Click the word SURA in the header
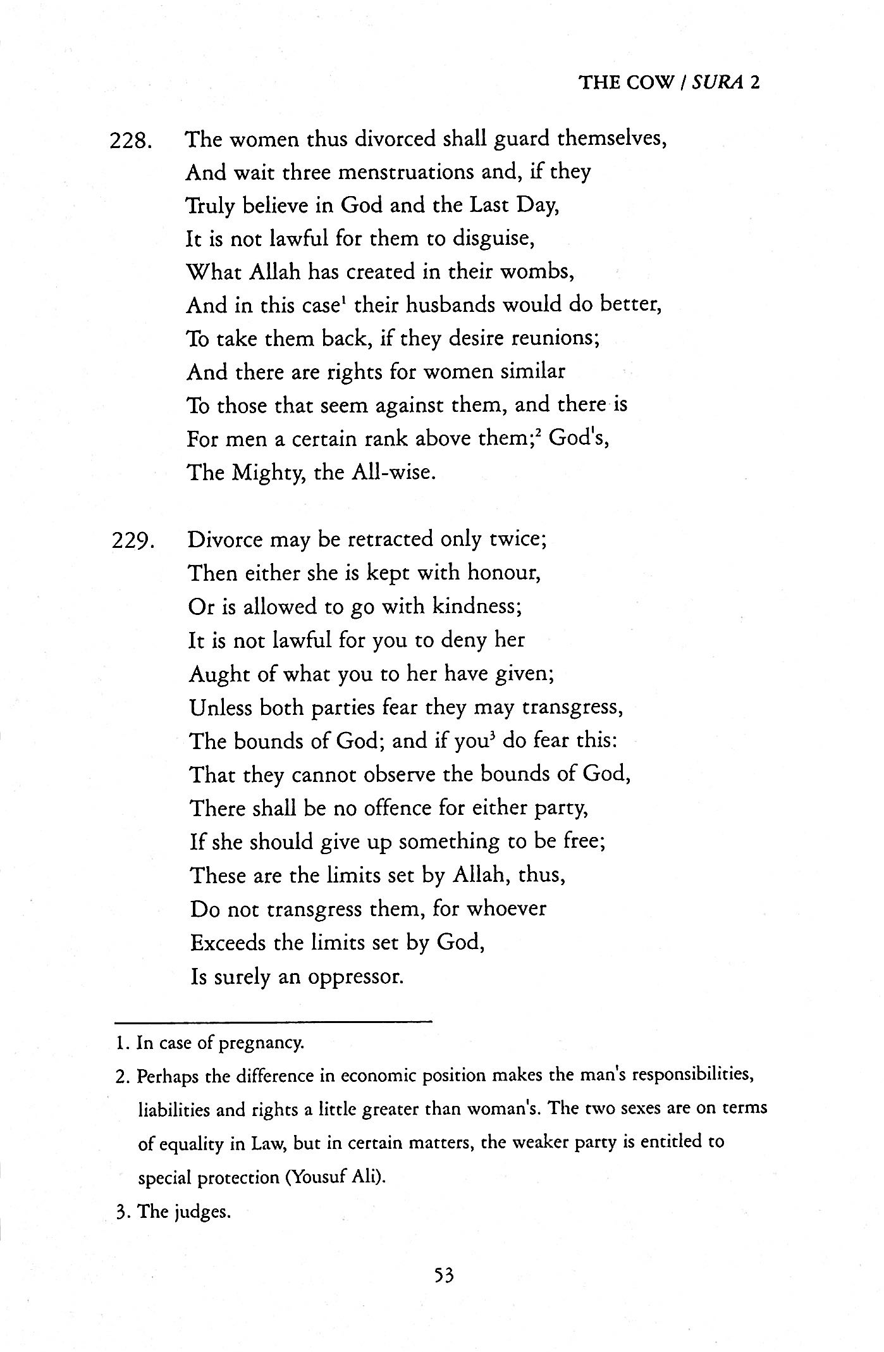(716, 83)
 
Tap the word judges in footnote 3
(200, 1212)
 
